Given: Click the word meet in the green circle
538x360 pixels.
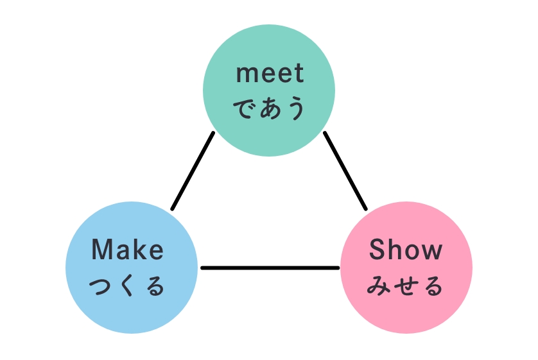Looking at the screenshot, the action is pos(270,73).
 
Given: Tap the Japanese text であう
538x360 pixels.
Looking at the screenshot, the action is pos(270,108).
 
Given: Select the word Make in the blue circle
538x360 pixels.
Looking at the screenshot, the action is pos(127,249).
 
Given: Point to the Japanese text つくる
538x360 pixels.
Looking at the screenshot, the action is pos(127,286).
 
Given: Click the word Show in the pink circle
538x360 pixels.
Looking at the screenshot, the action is pos(406,249).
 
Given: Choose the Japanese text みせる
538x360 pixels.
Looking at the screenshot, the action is pos(405,286).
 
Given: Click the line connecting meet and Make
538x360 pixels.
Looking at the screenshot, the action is pos(193,171).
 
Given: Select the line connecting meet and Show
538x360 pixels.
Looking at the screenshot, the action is pos(345,171).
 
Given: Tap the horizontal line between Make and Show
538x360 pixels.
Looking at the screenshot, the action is pos(270,268).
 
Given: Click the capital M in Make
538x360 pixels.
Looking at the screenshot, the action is pos(101,249).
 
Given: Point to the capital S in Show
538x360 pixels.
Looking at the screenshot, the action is pos(377,249).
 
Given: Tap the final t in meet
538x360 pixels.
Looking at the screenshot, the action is pos(299,74).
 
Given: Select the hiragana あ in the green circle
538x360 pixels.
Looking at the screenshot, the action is pos(270,108).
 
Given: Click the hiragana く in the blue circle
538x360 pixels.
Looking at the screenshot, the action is pos(127,286).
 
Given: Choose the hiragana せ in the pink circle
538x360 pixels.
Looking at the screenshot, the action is pos(406,286).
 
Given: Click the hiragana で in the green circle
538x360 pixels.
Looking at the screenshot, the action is pos(245,108).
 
